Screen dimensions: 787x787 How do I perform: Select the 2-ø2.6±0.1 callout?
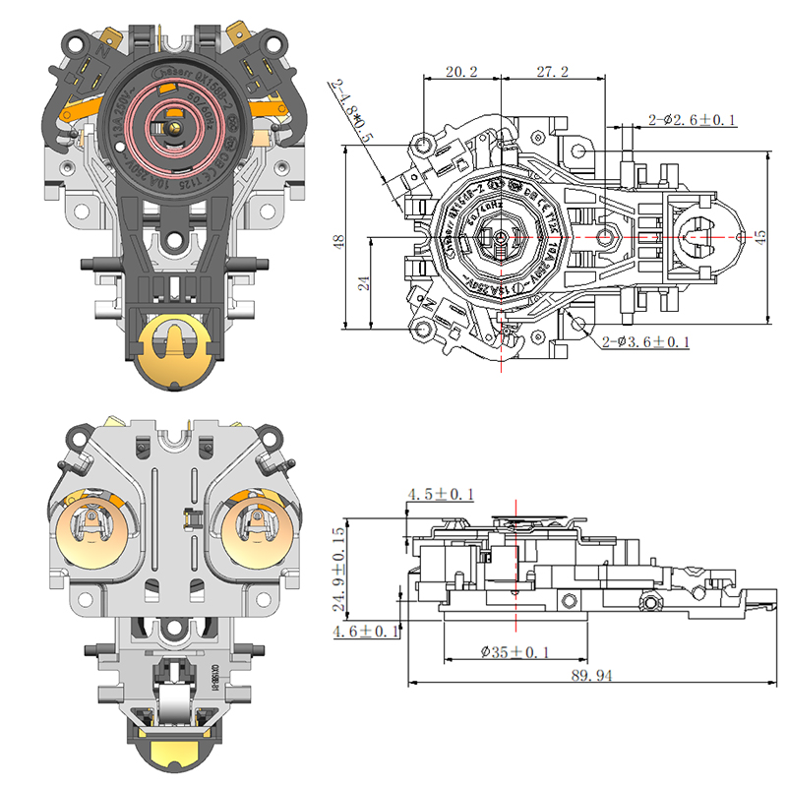693,120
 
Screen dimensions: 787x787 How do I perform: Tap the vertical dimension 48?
337,239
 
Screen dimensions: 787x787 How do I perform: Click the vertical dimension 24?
361,282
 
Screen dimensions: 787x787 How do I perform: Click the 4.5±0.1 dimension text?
439,494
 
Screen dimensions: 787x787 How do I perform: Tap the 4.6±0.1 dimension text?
365,632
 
